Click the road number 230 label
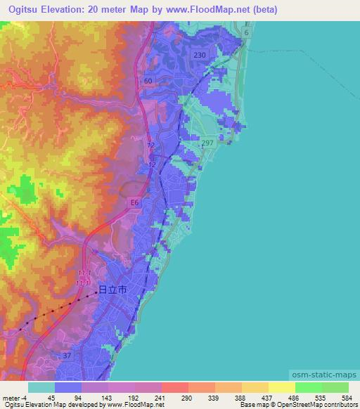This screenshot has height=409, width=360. tap(200, 56)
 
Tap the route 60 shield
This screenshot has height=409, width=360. tap(148, 82)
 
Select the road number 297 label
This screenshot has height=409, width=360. tap(207, 143)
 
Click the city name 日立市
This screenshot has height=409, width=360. tap(112, 289)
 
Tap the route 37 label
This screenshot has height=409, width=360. tap(66, 356)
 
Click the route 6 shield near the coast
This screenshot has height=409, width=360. tap(247, 33)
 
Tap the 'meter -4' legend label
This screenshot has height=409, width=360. tap(15, 398)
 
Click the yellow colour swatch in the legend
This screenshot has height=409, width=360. tap(282, 387)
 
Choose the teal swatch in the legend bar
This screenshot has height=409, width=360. tap(41, 387)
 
